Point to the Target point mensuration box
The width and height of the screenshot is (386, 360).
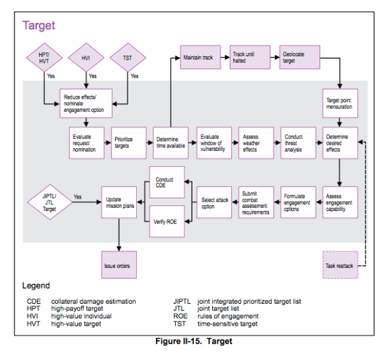pos(340,102)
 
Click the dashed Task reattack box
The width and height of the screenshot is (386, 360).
pos(340,265)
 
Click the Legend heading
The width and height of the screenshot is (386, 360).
pos(38,287)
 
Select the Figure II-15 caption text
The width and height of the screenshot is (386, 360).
pos(192,341)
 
